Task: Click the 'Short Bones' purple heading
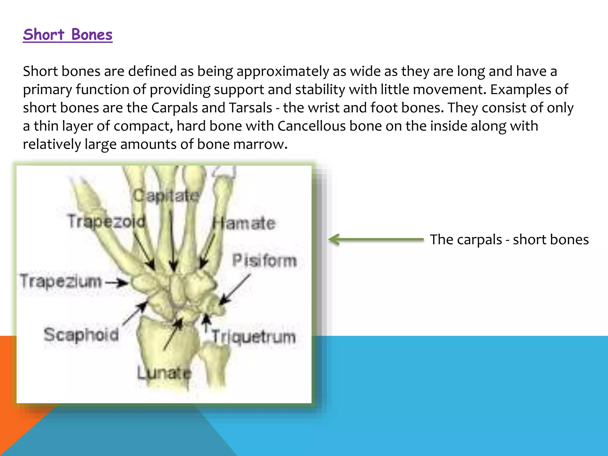(x=68, y=35)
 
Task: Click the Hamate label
(x=244, y=224)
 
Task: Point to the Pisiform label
(x=265, y=261)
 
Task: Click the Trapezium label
(x=61, y=281)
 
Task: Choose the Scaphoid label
(x=81, y=335)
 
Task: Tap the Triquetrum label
(x=254, y=337)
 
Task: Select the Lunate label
(x=164, y=373)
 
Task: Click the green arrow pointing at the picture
(x=376, y=239)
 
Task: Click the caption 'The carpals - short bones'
(x=509, y=240)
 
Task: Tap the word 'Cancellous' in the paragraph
(x=311, y=126)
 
